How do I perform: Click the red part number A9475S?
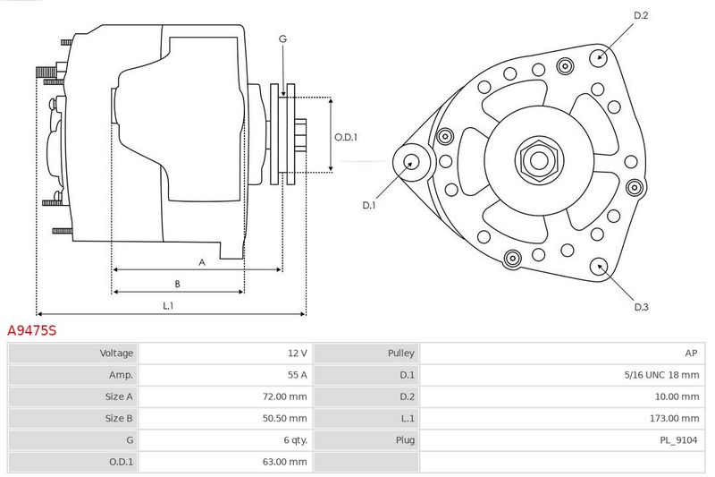tap(32, 330)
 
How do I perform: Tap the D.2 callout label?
tap(641, 15)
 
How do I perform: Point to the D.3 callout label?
tap(641, 307)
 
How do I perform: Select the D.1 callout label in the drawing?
tap(368, 206)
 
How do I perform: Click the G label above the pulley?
tap(282, 39)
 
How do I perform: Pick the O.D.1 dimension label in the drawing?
tap(346, 137)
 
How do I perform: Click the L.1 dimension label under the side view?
tap(168, 306)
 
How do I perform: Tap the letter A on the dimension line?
tap(202, 262)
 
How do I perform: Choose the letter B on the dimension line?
tap(177, 284)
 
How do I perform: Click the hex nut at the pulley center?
tap(539, 161)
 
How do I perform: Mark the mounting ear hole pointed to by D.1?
tap(411, 162)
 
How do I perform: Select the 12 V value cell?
tap(298, 353)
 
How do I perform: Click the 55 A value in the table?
tap(298, 375)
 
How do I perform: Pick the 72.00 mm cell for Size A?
tap(284, 396)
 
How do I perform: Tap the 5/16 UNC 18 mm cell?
tap(661, 375)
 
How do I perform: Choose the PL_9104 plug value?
tap(678, 440)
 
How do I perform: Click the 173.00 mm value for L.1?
tap(674, 418)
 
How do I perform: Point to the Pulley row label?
tap(400, 353)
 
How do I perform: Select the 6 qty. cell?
tap(296, 440)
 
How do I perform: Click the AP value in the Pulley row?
tap(691, 353)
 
